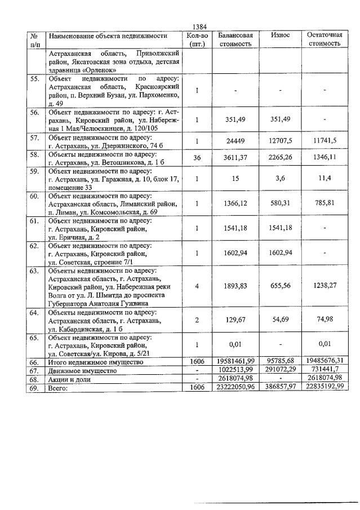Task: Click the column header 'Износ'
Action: coord(280,35)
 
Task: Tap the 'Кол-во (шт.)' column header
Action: coord(197,39)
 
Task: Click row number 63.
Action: coord(34,271)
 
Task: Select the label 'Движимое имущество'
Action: coord(83,371)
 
